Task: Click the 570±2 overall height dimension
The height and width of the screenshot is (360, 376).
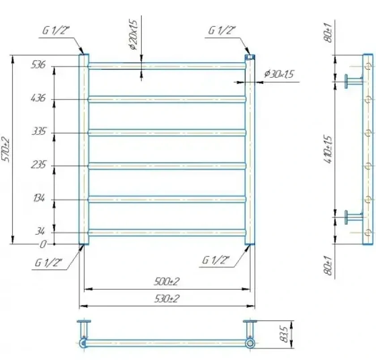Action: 5,150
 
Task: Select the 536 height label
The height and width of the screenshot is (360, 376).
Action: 38,65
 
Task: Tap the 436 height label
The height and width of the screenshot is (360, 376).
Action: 38,98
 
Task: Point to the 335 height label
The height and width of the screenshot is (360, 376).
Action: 38,131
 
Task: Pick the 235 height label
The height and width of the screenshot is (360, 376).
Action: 38,165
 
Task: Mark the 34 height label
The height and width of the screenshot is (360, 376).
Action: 40,231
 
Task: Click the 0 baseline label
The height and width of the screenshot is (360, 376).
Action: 43,244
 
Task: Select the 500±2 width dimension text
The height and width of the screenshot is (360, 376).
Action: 167,282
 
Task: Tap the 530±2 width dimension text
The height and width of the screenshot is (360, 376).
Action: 167,299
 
